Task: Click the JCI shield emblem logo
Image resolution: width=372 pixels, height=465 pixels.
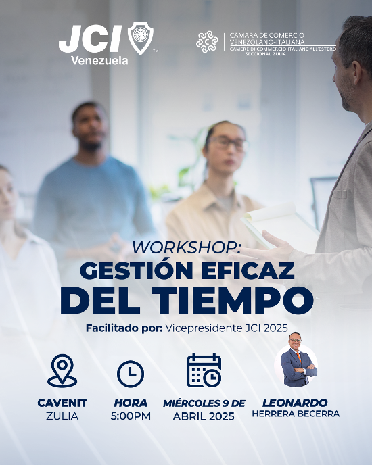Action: pos(141,39)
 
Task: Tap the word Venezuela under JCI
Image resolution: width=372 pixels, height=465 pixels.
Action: pos(99,61)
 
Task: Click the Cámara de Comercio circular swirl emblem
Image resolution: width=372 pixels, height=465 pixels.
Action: pos(207,42)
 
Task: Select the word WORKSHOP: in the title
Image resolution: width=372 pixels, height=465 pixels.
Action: pos(187,247)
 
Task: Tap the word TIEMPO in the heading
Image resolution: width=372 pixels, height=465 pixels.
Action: pos(233,300)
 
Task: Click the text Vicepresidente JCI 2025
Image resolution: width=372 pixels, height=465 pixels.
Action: pos(227,328)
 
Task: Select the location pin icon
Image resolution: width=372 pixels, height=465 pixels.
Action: pos(62,370)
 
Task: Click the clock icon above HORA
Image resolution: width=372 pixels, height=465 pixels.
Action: pos(131,374)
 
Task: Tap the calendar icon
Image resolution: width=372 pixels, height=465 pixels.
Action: pos(204,370)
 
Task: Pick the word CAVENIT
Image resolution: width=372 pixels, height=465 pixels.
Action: pos(62,403)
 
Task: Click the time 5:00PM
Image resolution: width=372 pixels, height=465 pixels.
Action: pos(131,416)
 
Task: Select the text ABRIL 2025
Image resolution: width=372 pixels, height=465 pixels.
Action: pos(204,416)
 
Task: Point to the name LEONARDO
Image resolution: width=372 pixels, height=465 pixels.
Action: pos(295,403)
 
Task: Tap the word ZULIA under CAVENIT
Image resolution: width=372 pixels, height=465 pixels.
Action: pos(62,416)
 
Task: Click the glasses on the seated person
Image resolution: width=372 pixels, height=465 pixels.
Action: pos(228,143)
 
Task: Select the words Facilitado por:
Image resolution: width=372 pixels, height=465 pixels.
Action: pos(124,328)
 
